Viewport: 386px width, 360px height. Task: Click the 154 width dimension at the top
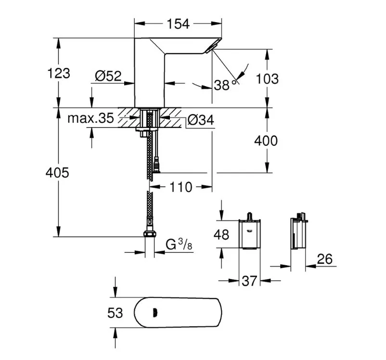point(178,24)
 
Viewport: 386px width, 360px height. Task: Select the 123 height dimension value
point(58,73)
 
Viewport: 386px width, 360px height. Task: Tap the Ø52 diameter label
point(108,76)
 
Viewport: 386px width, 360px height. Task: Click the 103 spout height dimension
point(267,79)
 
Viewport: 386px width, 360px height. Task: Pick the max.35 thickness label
point(90,118)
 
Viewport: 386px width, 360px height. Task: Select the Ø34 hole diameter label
point(201,120)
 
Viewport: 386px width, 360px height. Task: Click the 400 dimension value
point(266,141)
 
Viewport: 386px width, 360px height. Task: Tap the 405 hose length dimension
point(57,172)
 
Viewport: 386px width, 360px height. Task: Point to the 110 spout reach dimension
point(180,187)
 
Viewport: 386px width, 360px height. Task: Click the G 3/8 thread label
point(179,244)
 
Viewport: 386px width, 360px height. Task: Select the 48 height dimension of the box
point(221,234)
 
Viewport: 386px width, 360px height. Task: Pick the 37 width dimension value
point(249,281)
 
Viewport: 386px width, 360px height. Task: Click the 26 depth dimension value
point(325,259)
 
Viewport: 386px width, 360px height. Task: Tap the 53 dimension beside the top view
point(115,313)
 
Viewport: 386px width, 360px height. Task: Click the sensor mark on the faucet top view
point(155,313)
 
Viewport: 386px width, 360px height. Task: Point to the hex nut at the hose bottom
point(149,233)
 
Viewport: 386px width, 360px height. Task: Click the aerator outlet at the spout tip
point(212,47)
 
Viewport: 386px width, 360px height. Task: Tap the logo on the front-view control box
point(250,231)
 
